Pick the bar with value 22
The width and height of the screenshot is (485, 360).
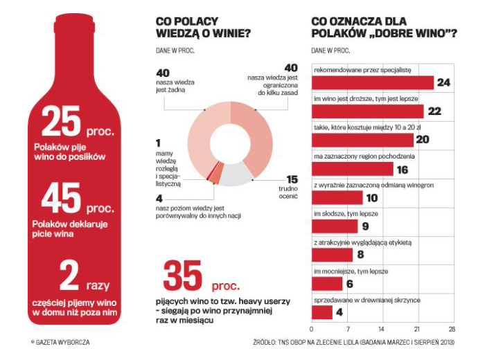pos(368,111)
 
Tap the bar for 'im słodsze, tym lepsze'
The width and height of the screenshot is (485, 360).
pos(336,226)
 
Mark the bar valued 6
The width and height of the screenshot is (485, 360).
pos(328,284)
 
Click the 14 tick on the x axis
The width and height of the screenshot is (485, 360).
pos(382,330)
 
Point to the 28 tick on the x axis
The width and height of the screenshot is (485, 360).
pos(452,330)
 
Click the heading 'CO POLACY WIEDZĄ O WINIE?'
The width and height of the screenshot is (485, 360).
pos(203,27)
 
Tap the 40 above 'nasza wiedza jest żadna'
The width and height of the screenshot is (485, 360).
pos(163,73)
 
